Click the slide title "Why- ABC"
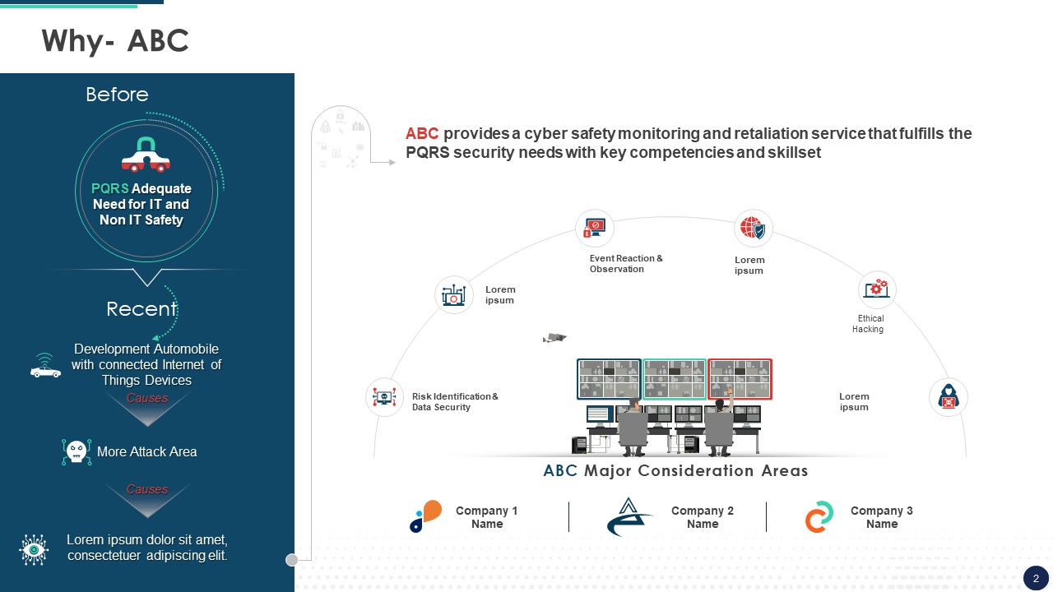115,41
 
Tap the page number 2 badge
1036,579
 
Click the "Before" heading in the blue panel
117,95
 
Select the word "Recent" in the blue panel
141,309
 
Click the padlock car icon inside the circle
146,155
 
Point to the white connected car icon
45,366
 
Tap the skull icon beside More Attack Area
77,452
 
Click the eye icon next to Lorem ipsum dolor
34,549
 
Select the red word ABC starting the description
422,133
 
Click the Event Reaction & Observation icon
595,229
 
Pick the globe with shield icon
753,229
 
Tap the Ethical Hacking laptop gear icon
877,289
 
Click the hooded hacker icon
949,397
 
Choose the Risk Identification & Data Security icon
384,397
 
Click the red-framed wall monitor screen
740,379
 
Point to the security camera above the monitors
554,338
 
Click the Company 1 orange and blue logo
426,516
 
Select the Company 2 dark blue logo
629,517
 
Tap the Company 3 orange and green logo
819,517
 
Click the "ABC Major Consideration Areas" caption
675,470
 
